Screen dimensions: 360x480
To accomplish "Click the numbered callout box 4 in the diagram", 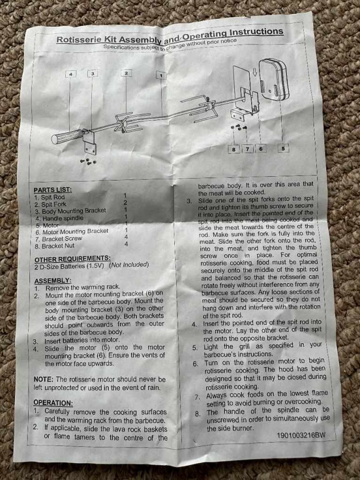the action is click(71, 74).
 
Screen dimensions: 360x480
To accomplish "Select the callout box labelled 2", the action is click(126, 73).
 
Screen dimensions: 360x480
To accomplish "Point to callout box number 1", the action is click(161, 75).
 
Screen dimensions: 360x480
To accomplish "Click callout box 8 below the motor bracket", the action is click(234, 149).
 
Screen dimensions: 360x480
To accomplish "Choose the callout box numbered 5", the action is click(283, 149).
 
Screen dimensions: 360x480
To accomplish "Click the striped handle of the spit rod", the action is click(67, 136).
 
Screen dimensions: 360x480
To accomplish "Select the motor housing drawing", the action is click(274, 80).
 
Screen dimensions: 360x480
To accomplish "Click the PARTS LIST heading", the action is click(52, 190).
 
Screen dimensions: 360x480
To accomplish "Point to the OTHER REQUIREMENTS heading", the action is click(73, 259).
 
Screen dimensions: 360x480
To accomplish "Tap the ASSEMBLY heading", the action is click(52, 281).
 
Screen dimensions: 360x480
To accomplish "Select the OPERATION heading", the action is click(53, 403).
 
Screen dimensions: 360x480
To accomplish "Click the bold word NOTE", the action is click(44, 380).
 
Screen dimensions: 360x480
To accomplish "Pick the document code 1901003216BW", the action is click(301, 435).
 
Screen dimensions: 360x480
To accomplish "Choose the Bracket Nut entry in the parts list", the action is click(58, 246).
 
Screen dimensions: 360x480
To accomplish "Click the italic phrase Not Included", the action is click(129, 265).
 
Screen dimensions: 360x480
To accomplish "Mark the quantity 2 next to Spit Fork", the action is click(125, 202).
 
